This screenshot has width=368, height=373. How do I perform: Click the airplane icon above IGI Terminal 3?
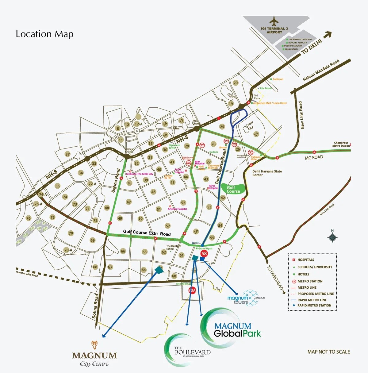[x=274, y=21]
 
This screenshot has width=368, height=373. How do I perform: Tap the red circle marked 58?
[x=204, y=253]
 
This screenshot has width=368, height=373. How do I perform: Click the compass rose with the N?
[x=332, y=237]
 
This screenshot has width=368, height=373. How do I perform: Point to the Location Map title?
[x=44, y=34]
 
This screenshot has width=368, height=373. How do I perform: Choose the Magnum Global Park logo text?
[x=237, y=330]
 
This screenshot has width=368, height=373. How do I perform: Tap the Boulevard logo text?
[x=192, y=352]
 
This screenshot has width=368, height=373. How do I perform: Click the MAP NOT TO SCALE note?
[x=328, y=352]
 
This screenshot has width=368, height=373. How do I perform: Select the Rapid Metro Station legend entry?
[x=314, y=306]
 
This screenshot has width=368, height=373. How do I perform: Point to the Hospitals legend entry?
[x=305, y=260]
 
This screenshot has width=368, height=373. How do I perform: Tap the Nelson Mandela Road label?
[x=321, y=70]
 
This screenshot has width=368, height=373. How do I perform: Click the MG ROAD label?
[x=314, y=158]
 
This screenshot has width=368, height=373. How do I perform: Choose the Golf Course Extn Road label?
[x=147, y=233]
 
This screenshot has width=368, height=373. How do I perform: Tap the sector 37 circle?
[x=67, y=154]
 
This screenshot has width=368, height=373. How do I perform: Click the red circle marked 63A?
[x=192, y=290]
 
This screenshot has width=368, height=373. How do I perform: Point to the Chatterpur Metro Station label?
[x=341, y=144]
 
